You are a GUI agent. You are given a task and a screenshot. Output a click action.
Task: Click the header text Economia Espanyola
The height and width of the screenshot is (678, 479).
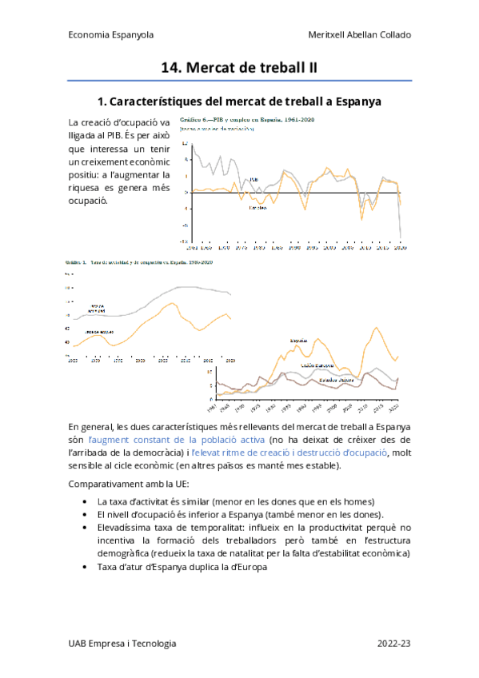tap(111, 35)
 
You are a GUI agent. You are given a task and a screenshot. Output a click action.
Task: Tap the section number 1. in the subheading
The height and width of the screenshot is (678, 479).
tap(102, 102)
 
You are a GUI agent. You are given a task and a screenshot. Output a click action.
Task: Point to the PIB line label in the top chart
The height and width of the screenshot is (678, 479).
tap(253, 179)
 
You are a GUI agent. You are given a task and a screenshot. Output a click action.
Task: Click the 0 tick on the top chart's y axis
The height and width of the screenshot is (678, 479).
tap(186, 193)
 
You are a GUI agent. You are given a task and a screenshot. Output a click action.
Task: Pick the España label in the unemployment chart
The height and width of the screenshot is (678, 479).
tap(299, 341)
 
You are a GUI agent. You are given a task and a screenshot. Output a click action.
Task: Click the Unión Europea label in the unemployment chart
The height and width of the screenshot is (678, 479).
tap(317, 365)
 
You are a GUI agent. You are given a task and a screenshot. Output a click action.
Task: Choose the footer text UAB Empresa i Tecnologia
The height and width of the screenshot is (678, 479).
tap(122, 644)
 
